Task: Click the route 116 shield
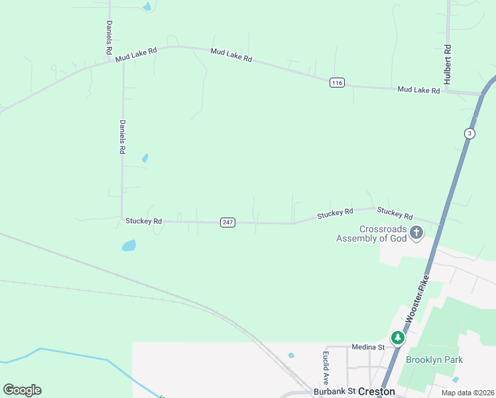pyautogui.click(x=337, y=82)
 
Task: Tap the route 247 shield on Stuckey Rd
pyautogui.click(x=227, y=222)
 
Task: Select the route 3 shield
pyautogui.click(x=470, y=133)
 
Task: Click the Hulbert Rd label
pyautogui.click(x=448, y=63)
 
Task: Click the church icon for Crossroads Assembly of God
pyautogui.click(x=416, y=232)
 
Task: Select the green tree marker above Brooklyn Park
pyautogui.click(x=397, y=338)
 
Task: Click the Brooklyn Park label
pyautogui.click(x=434, y=360)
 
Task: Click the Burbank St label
pyautogui.click(x=336, y=391)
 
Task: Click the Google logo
pyautogui.click(x=22, y=390)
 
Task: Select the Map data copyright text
pyautogui.click(x=467, y=393)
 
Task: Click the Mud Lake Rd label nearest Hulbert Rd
pyautogui.click(x=419, y=90)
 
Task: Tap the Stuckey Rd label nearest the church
pyautogui.click(x=395, y=213)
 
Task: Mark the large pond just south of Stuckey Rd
pyautogui.click(x=129, y=246)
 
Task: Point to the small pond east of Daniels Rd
pyautogui.click(x=145, y=159)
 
